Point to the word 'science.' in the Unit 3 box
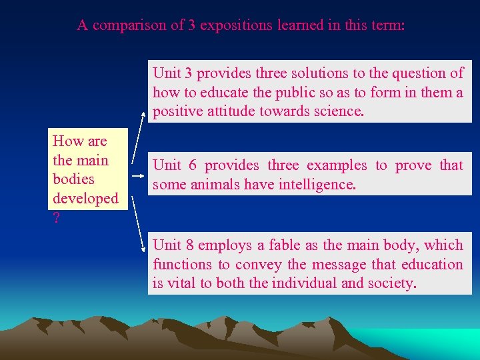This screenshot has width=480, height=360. (x=337, y=111)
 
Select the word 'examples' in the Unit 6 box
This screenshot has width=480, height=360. (x=339, y=165)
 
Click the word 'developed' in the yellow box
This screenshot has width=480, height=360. (x=85, y=199)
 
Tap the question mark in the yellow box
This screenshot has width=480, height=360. (x=56, y=217)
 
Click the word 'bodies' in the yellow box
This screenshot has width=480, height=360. (x=73, y=179)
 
